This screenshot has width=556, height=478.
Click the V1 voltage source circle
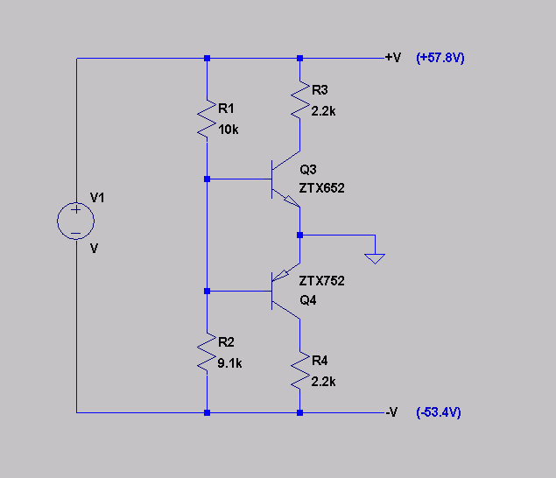[75, 202]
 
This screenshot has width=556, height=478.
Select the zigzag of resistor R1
[207, 119]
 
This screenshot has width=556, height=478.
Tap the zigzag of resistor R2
[207, 353]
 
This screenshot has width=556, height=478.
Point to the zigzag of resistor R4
[300, 370]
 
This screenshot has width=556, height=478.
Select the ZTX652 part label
[321, 188]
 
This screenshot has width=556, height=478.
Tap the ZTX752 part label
[321, 281]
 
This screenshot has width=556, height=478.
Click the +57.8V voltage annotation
[440, 58]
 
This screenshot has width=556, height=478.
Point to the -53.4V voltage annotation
[439, 412]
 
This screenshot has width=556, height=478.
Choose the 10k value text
[228, 130]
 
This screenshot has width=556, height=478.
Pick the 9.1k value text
[229, 363]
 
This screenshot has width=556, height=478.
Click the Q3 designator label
[308, 170]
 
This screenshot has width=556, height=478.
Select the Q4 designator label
[308, 300]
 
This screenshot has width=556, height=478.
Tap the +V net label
[393, 58]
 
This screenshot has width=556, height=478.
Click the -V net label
[391, 412]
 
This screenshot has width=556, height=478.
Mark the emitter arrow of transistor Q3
[292, 201]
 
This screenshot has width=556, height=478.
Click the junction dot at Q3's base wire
[208, 179]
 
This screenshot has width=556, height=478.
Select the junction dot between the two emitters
[300, 235]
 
